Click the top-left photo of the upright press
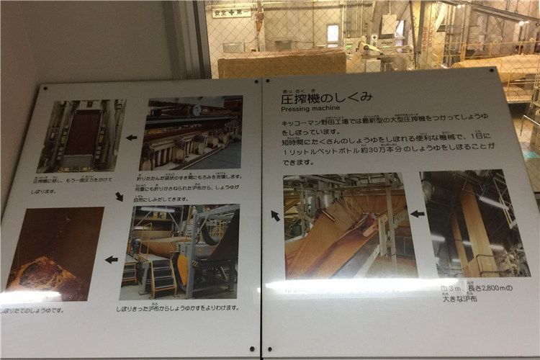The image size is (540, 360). [81, 135]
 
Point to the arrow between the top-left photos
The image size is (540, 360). [132, 137]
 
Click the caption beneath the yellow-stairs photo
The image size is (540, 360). [187, 307]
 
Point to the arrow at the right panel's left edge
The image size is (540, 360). [275, 215]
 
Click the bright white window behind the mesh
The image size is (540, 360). [333, 34]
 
